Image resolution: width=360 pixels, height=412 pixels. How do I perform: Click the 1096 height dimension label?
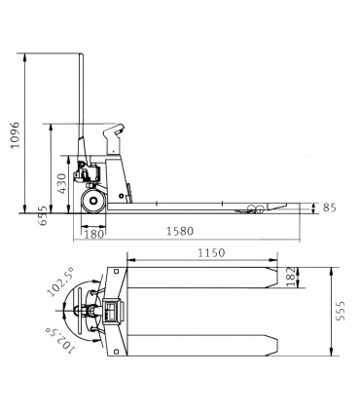15,135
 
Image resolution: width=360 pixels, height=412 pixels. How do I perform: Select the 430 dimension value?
61,184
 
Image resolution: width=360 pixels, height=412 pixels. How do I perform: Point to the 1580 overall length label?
180,231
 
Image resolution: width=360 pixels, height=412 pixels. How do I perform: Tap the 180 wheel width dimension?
94,234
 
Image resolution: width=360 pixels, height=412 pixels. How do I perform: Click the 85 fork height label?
329,207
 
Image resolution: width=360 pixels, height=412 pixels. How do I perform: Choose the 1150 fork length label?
211,252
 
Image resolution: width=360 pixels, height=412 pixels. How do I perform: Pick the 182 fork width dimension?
291,277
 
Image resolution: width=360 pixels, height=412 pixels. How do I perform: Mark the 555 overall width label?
341,311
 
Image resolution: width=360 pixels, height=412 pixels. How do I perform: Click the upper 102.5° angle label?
60,281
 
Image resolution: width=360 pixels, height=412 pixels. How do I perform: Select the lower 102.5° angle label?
60,340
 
